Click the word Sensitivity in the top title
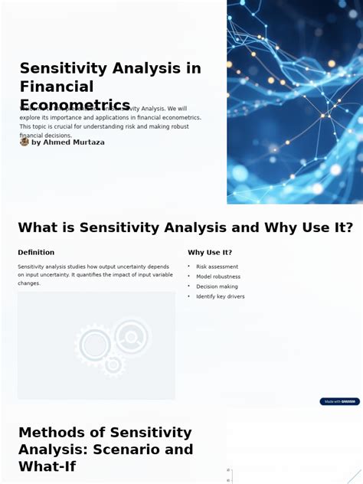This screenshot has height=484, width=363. (x=64, y=68)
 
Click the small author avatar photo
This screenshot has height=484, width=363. (x=25, y=142)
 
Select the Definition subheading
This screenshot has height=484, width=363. (x=36, y=252)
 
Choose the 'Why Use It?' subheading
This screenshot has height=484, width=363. (x=210, y=252)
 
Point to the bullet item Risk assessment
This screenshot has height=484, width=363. (x=217, y=267)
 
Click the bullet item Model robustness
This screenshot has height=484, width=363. (x=218, y=276)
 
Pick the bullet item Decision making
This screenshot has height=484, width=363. (x=217, y=286)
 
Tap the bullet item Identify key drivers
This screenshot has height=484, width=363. (x=221, y=296)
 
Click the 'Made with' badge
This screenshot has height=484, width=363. (x=339, y=401)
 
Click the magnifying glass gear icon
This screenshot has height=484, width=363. (x=131, y=337)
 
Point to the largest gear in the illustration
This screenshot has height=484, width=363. (x=95, y=345)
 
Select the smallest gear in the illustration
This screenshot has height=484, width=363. (x=113, y=365)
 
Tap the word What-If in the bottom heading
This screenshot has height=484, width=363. (x=47, y=466)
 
